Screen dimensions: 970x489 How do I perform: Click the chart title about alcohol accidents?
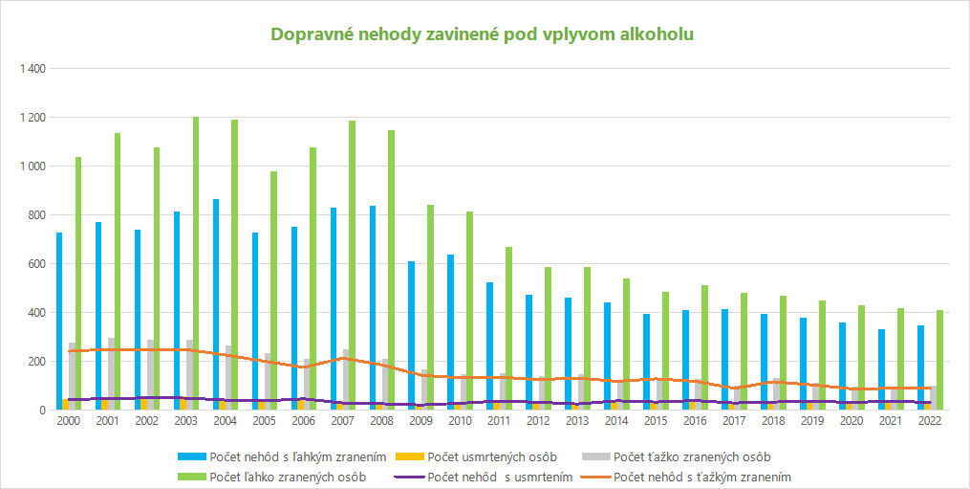[x=483, y=34]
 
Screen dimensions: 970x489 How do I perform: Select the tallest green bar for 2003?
[x=196, y=263]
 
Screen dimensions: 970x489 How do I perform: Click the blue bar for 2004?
[x=216, y=304]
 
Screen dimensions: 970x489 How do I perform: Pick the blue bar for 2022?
[x=920, y=367]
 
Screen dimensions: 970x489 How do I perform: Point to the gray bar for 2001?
[x=112, y=374]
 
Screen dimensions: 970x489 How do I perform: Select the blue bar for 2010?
[x=451, y=332]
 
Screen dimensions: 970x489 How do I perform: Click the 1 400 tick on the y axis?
[x=33, y=68]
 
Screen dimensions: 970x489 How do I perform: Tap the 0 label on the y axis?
[x=43, y=410]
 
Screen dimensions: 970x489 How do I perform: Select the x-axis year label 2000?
[x=69, y=420]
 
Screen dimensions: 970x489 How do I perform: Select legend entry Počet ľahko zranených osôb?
[x=271, y=478]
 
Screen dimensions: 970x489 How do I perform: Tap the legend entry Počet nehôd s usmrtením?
[x=484, y=478]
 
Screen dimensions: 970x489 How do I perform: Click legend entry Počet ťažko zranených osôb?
[x=677, y=457]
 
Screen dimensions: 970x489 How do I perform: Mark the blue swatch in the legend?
[x=191, y=457]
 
